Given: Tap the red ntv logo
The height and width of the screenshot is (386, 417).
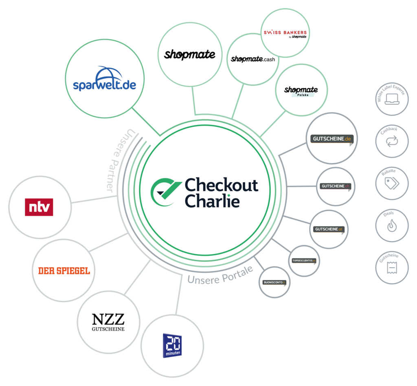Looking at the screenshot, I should [x=39, y=207].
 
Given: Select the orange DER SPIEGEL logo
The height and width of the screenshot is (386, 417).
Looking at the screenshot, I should [x=64, y=270].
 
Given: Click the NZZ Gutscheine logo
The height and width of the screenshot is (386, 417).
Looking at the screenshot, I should [x=108, y=322].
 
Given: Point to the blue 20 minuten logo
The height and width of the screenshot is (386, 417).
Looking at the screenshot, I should [x=172, y=346].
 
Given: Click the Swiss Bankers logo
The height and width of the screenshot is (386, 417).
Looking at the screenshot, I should [x=285, y=33].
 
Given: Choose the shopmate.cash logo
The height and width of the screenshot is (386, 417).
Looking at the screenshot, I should [x=253, y=59].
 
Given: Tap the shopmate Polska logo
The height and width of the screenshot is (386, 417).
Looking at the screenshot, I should [x=301, y=91].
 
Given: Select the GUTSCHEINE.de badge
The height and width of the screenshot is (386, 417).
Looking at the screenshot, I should [x=331, y=139].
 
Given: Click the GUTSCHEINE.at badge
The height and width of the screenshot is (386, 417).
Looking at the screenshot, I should [x=329, y=229].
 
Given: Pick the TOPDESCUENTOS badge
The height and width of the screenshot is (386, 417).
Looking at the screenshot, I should [x=304, y=260].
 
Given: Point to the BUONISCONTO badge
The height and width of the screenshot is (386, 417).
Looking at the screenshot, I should [x=274, y=282].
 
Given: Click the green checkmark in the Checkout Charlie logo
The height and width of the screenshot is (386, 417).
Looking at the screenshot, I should [x=165, y=190].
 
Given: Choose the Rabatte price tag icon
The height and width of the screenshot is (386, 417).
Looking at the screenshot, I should [x=391, y=183].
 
